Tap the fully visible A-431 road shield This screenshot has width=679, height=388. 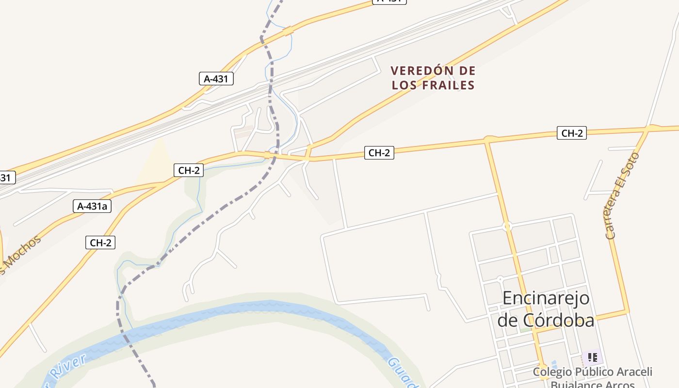[x=216, y=79]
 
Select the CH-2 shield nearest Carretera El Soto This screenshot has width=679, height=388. [x=572, y=133]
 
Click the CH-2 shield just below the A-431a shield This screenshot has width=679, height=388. [x=100, y=242]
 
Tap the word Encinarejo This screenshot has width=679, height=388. [x=546, y=298]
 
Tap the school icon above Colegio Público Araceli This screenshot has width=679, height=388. [x=592, y=358]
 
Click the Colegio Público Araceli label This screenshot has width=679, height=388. [x=592, y=372]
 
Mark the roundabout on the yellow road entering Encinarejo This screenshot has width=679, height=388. [x=507, y=226]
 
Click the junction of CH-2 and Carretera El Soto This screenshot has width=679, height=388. [x=648, y=129]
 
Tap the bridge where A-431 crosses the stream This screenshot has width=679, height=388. [x=288, y=32]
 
